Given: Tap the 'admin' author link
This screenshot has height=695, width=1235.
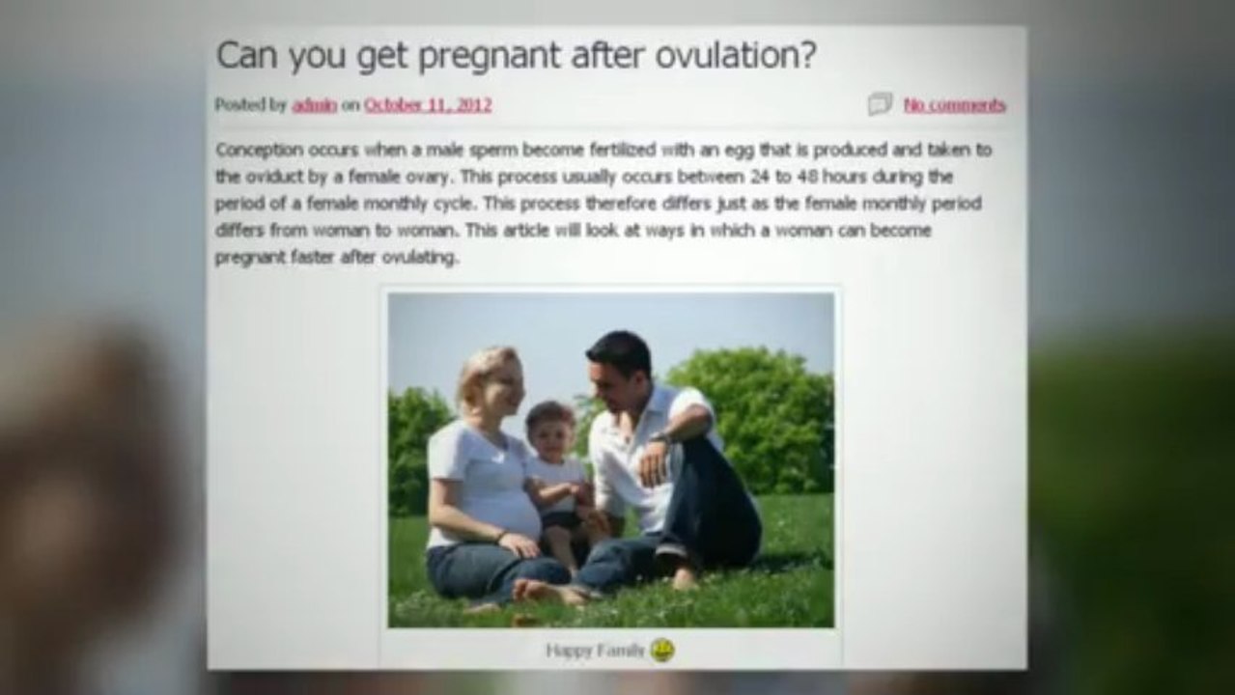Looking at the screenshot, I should point(314,105).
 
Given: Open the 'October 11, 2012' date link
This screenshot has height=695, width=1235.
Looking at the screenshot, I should point(427,105).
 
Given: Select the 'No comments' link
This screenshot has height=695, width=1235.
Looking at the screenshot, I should point(954,105).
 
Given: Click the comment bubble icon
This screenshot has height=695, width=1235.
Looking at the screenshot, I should point(880,104).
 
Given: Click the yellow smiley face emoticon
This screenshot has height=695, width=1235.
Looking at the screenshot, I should point(662,650).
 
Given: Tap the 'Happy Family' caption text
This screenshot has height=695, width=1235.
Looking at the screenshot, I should point(594,651).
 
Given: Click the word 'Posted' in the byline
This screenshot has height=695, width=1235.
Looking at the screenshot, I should point(237,105).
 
